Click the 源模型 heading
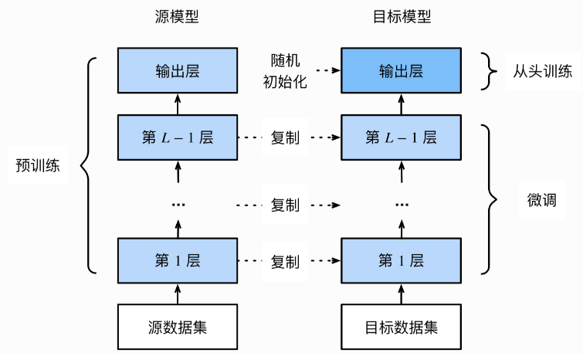(x=177, y=17)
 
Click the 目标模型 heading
(x=402, y=17)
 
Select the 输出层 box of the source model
(x=178, y=70)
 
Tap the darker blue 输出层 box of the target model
(x=402, y=70)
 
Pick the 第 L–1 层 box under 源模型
(x=178, y=138)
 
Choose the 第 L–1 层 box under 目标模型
(x=402, y=138)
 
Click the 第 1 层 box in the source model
(x=178, y=260)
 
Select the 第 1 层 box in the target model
(x=402, y=260)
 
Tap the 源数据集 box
(x=178, y=327)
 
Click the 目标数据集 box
(x=402, y=327)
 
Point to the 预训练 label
(x=38, y=165)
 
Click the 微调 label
(x=542, y=200)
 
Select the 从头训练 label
(x=543, y=70)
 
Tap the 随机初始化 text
(x=285, y=70)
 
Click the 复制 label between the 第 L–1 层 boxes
(x=285, y=138)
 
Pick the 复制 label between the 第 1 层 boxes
(x=285, y=261)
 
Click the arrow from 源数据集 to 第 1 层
(x=178, y=294)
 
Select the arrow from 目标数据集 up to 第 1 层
(x=402, y=294)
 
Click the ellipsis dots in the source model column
(x=178, y=205)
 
